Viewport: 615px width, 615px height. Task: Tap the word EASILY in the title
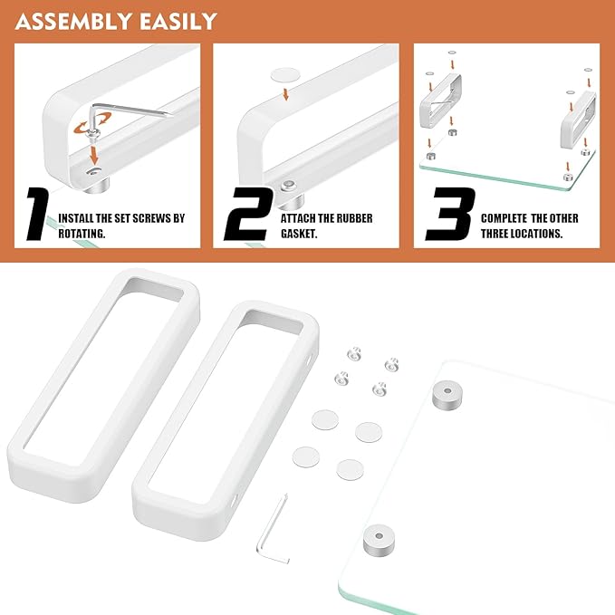[178, 20]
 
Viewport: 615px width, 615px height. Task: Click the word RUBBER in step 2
[350, 218]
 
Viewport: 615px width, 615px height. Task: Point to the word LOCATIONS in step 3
[534, 233]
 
